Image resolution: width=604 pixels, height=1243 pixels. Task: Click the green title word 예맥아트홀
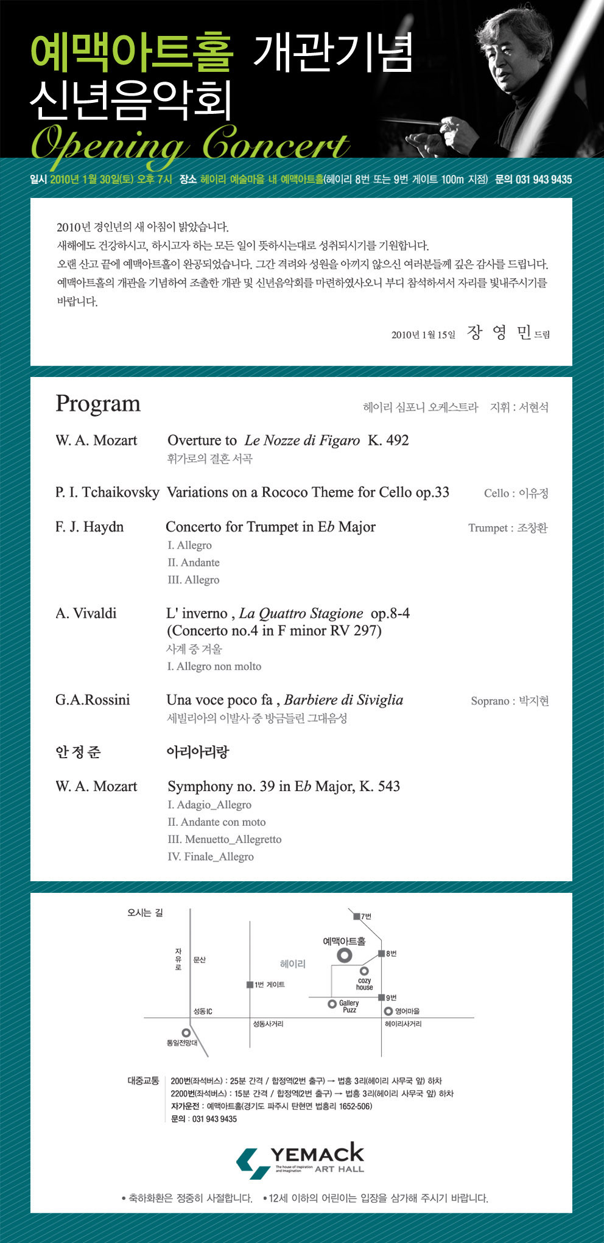pos(132,52)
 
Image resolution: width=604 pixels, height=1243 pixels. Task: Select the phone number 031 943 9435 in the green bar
pos(543,180)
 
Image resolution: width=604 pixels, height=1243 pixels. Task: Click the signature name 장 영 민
pos(499,333)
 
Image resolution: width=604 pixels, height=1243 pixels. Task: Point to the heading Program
pos(98,404)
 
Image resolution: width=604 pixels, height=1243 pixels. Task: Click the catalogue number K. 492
pos(388,440)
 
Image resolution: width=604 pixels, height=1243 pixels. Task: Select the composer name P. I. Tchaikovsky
pos(107,492)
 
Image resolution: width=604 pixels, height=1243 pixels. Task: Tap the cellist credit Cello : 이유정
pos(516,493)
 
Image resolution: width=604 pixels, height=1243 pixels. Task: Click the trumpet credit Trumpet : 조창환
pos(508,528)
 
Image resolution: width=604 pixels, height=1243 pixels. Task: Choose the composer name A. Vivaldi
pos(86,613)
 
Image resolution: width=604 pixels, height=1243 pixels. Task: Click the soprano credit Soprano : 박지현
pos(510,701)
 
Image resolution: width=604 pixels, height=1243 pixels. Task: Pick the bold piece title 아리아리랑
pos(198,752)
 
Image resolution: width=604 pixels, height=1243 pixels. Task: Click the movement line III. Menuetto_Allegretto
pos(225,839)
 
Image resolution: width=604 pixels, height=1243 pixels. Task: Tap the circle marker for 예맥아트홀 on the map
pos(345,955)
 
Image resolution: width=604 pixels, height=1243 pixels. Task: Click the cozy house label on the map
pos(364,984)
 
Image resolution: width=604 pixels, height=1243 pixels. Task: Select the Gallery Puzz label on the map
pos(349,1006)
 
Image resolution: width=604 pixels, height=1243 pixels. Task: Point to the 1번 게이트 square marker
pos(250,985)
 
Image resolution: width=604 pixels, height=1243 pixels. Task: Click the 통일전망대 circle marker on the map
pos(186,1032)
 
